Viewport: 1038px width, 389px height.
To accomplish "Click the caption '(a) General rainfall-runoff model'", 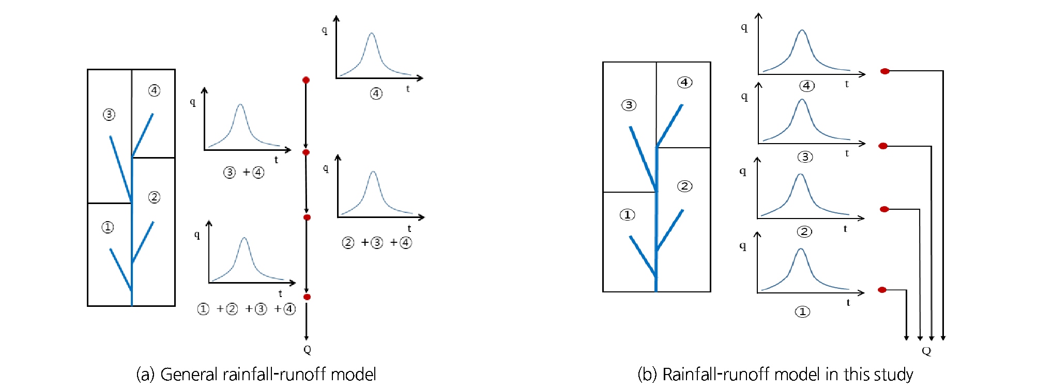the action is (x=256, y=374).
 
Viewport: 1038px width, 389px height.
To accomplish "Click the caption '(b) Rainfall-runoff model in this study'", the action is (x=775, y=374).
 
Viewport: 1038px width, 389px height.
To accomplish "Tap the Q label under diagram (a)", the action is (x=307, y=350).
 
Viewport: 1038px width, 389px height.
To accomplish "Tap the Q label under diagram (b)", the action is (x=926, y=351).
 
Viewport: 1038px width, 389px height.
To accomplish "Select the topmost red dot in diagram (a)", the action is (x=306, y=80).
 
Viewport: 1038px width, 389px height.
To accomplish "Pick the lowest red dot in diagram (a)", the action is (x=307, y=297).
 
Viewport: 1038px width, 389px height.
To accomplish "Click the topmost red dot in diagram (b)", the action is (x=885, y=71).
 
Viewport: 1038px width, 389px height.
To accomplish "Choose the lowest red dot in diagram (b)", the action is (x=882, y=290).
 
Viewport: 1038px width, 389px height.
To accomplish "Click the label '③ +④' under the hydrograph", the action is (x=244, y=172).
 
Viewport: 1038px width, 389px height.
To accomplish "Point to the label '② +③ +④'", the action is (x=377, y=242).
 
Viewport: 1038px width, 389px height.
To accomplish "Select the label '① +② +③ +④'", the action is (x=247, y=309).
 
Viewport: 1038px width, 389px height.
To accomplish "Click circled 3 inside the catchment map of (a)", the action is (x=109, y=115).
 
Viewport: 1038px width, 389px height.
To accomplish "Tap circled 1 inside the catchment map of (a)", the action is (x=108, y=227).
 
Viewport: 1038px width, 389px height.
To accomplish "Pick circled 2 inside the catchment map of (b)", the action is (x=685, y=186).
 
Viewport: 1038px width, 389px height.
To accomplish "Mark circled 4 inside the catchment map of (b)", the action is (x=685, y=82).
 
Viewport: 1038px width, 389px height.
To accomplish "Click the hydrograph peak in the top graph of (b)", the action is (x=802, y=30).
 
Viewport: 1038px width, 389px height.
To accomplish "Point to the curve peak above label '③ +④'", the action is (x=240, y=105).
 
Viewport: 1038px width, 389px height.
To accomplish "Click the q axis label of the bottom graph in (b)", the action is (x=743, y=246).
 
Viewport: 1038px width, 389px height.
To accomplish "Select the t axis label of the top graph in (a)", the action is (x=408, y=89).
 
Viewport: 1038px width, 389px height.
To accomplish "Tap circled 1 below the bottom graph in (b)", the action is (x=802, y=312).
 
